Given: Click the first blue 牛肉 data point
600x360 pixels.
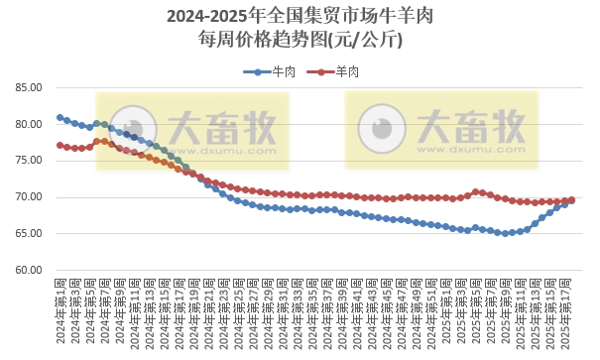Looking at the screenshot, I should coord(60,118).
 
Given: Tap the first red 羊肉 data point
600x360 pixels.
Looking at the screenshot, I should coord(60,145).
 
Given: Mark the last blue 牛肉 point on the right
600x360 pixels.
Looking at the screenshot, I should coord(572,199).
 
